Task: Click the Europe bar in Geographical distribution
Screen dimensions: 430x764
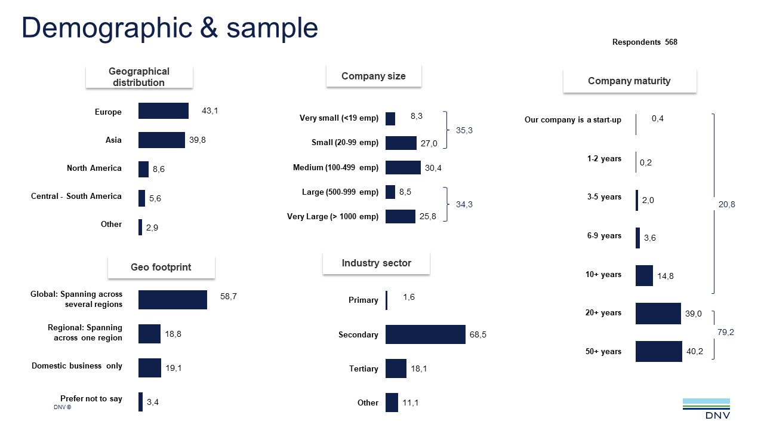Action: tap(163, 111)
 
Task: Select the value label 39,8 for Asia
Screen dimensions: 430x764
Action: tap(198, 140)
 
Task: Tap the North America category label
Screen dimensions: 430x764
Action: tap(94, 168)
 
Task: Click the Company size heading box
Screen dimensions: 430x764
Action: tap(374, 76)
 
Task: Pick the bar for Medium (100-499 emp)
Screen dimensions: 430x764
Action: tap(403, 167)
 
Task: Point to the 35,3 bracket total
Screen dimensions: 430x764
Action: tap(464, 130)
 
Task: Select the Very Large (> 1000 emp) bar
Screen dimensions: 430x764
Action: tap(400, 216)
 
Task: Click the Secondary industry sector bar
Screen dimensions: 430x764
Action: tap(425, 334)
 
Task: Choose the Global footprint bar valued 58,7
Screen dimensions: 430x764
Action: tap(172, 300)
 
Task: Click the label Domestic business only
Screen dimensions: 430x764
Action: tap(77, 366)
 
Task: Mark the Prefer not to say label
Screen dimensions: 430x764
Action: tap(91, 399)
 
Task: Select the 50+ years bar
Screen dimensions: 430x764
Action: tap(658, 351)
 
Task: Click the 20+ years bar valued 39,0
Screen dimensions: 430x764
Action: tap(658, 313)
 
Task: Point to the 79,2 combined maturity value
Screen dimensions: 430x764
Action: tap(725, 332)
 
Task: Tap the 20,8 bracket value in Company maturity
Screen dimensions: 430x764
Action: tap(726, 204)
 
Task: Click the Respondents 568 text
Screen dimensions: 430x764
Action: tap(645, 42)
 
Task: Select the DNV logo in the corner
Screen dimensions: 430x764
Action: tap(706, 409)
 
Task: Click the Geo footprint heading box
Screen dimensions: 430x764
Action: tap(161, 268)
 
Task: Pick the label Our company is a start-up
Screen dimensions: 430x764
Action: tap(573, 120)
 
